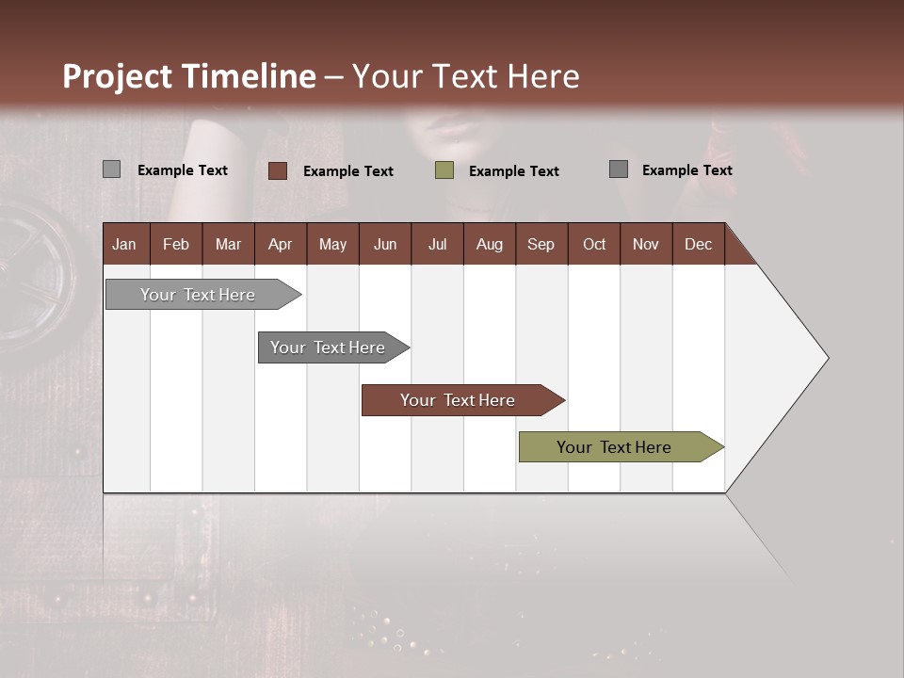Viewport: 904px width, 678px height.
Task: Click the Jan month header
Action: [x=124, y=244]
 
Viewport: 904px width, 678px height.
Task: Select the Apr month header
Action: [x=280, y=244]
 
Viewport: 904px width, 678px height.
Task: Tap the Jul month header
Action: [x=437, y=244]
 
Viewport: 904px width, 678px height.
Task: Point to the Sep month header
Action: [x=541, y=244]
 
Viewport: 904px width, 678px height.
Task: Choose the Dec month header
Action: [x=698, y=244]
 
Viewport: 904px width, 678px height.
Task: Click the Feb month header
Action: [x=176, y=244]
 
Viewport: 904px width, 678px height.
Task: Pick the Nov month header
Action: [x=645, y=244]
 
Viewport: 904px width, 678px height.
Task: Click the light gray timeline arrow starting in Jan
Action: [x=198, y=295]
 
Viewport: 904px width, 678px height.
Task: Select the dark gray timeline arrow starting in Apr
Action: [x=328, y=347]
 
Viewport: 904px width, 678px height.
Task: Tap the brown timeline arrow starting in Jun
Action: [x=458, y=400]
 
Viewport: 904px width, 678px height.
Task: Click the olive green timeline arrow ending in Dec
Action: [x=614, y=447]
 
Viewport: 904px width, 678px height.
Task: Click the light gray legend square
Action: [x=111, y=169]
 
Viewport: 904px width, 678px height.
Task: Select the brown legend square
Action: [x=277, y=170]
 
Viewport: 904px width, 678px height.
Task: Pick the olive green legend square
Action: [x=444, y=170]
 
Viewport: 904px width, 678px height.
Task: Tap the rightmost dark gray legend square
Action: [x=618, y=169]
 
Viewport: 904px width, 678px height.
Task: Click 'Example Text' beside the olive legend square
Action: [x=513, y=171]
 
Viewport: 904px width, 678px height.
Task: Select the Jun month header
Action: [x=384, y=244]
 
